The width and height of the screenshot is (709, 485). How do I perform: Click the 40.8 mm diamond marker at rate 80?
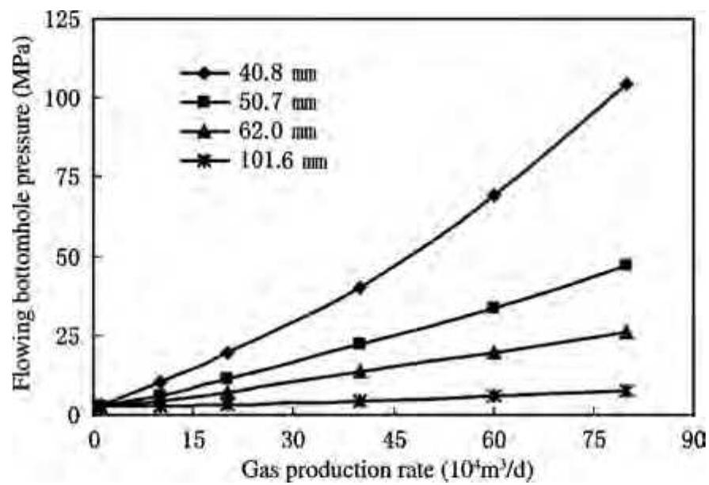(627, 83)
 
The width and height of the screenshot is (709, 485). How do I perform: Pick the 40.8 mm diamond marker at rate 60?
(494, 194)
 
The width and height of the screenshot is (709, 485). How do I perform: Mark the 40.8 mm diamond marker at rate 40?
(360, 288)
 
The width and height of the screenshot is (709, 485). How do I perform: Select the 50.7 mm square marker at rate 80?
(627, 265)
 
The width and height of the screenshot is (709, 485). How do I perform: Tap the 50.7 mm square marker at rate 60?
(494, 307)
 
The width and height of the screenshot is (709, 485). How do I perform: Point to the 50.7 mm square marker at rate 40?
(360, 343)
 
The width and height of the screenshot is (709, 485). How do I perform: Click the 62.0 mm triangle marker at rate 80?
(627, 332)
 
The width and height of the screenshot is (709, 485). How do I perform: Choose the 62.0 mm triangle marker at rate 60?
(494, 353)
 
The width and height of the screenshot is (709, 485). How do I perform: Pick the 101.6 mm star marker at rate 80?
(627, 391)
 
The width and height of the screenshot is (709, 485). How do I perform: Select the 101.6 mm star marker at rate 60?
(494, 395)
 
